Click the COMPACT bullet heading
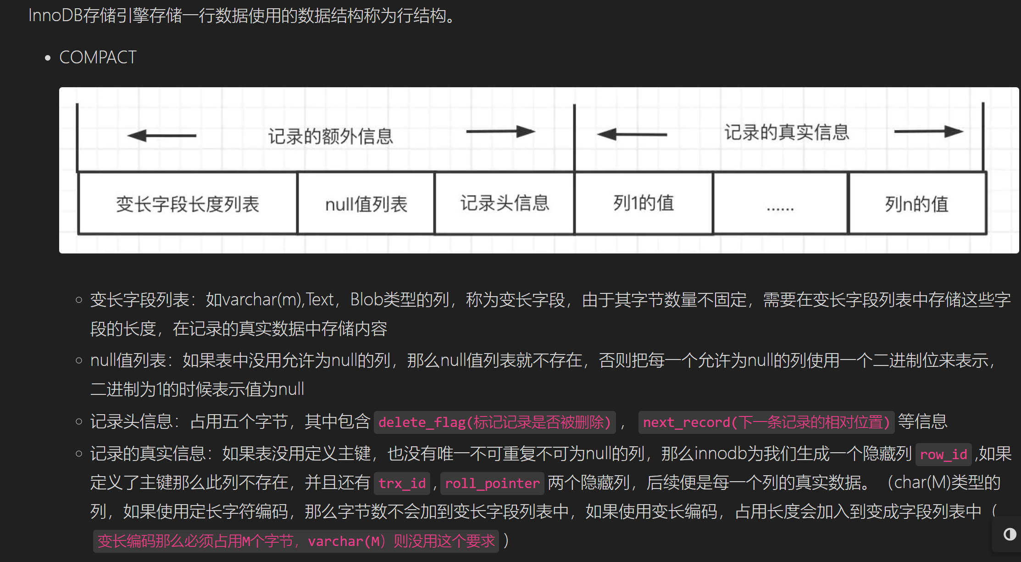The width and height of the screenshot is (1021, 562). click(98, 58)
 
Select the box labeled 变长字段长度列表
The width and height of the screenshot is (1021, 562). click(188, 204)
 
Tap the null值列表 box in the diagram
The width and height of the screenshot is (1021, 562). click(366, 204)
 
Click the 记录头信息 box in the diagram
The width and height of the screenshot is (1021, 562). click(505, 203)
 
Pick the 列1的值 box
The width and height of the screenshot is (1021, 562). click(644, 203)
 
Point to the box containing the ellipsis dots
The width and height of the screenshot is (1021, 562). click(780, 204)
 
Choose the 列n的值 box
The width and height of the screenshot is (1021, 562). click(917, 204)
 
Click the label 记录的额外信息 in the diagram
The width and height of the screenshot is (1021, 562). click(330, 136)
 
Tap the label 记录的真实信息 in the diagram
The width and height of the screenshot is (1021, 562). click(787, 132)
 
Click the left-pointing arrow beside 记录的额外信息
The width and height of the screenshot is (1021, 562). click(161, 135)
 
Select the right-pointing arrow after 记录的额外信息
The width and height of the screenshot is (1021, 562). click(500, 132)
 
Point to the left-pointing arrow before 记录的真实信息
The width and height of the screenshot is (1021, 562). click(632, 135)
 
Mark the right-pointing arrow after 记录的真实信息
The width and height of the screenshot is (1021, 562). click(928, 132)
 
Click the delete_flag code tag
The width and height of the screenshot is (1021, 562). click(494, 422)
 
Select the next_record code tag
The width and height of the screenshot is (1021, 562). click(766, 422)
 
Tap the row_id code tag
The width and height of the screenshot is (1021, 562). click(943, 455)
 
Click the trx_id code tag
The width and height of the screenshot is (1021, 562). click(402, 483)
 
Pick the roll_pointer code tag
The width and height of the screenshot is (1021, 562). click(492, 483)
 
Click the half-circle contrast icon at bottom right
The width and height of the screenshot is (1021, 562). click(1010, 534)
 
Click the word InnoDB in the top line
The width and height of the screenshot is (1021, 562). click(55, 16)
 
